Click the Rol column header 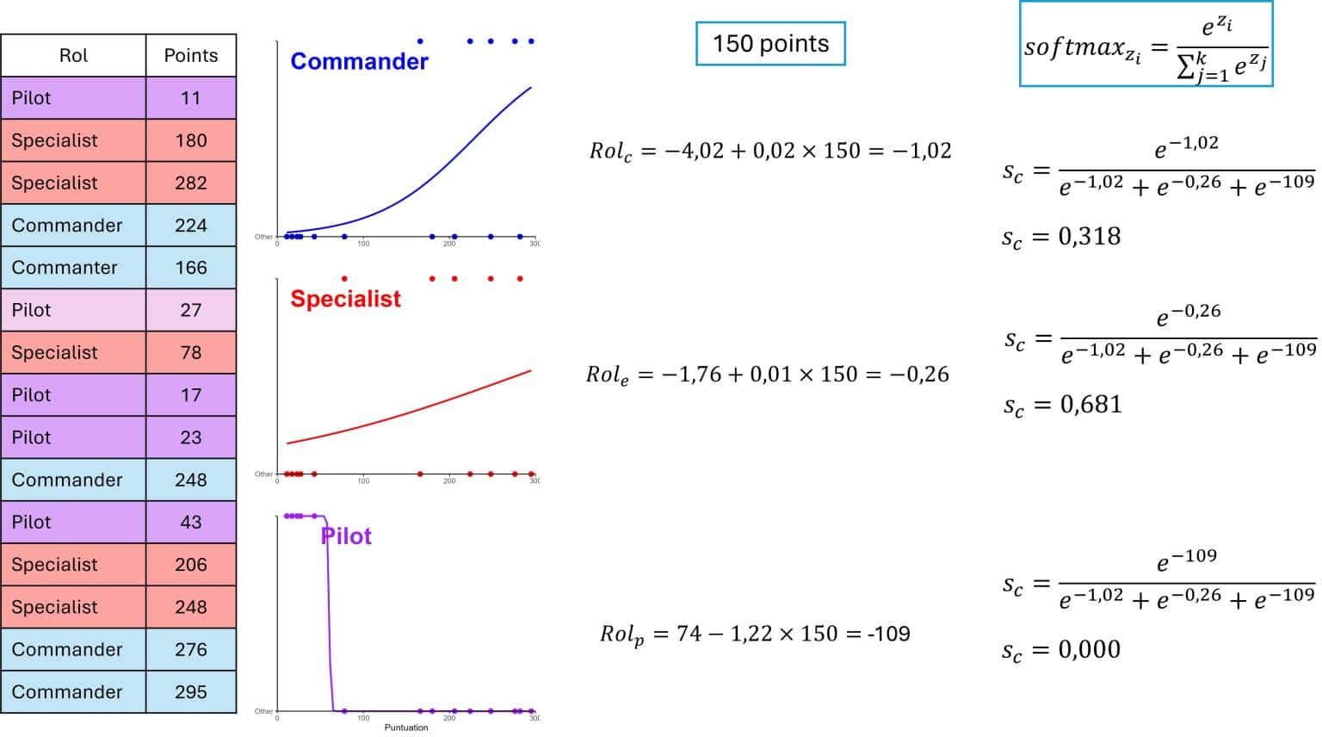pyautogui.click(x=73, y=56)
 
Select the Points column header pyautogui.click(x=191, y=56)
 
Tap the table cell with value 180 pyautogui.click(x=191, y=140)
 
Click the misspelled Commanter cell pyautogui.click(x=65, y=268)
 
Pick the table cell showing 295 pyautogui.click(x=191, y=691)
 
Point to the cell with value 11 pyautogui.click(x=191, y=98)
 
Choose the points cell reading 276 pyautogui.click(x=191, y=649)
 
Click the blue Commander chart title pyautogui.click(x=359, y=61)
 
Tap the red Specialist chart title pyautogui.click(x=345, y=299)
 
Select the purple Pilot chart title pyautogui.click(x=346, y=536)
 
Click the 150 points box pyautogui.click(x=770, y=44)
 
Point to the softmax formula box pyautogui.click(x=1146, y=45)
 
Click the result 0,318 pyautogui.click(x=1089, y=236)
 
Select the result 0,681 pyautogui.click(x=1090, y=404)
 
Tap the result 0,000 pyautogui.click(x=1089, y=649)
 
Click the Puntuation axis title pyautogui.click(x=406, y=728)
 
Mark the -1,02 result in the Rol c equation pyautogui.click(x=921, y=151)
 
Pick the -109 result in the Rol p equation pyautogui.click(x=888, y=634)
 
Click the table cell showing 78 pyautogui.click(x=191, y=352)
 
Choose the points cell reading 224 pyautogui.click(x=191, y=226)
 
